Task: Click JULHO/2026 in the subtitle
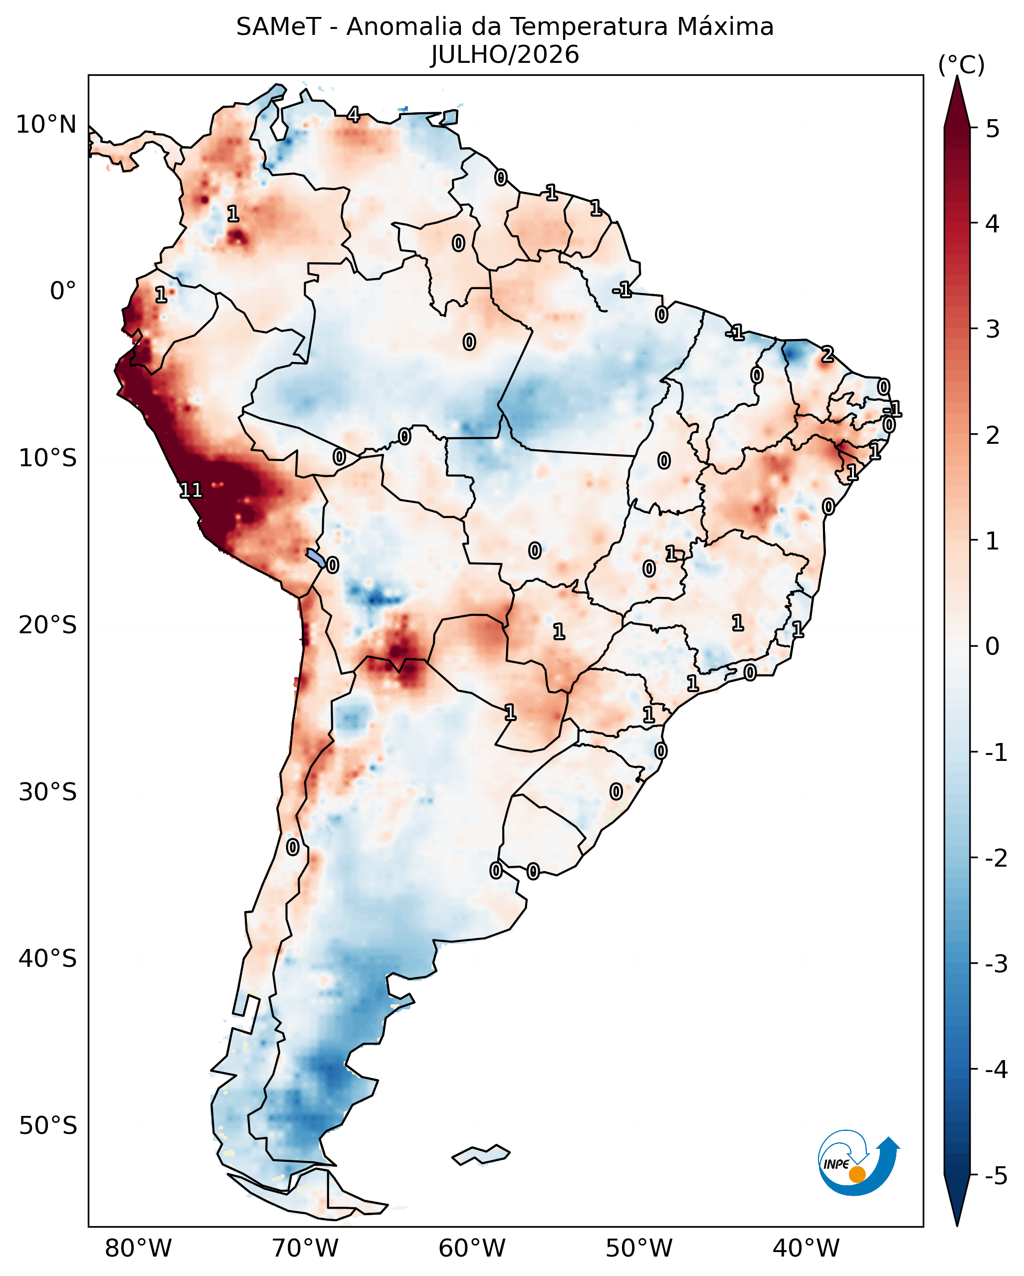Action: click(x=505, y=54)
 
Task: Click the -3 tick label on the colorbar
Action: click(x=996, y=965)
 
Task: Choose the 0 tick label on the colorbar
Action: click(x=993, y=646)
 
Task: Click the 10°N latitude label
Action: click(x=46, y=125)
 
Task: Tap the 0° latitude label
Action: click(x=63, y=291)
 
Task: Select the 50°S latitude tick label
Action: click(x=47, y=1126)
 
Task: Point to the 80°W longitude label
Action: click(x=138, y=1248)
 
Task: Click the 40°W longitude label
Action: click(x=806, y=1248)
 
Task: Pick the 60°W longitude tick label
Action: click(x=472, y=1248)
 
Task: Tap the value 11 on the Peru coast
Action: click(x=191, y=490)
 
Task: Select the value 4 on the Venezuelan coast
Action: click(x=353, y=114)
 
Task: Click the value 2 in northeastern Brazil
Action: click(x=827, y=355)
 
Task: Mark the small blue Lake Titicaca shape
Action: click(x=316, y=557)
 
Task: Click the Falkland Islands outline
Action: click(x=481, y=1155)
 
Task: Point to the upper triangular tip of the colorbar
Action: click(x=957, y=76)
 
